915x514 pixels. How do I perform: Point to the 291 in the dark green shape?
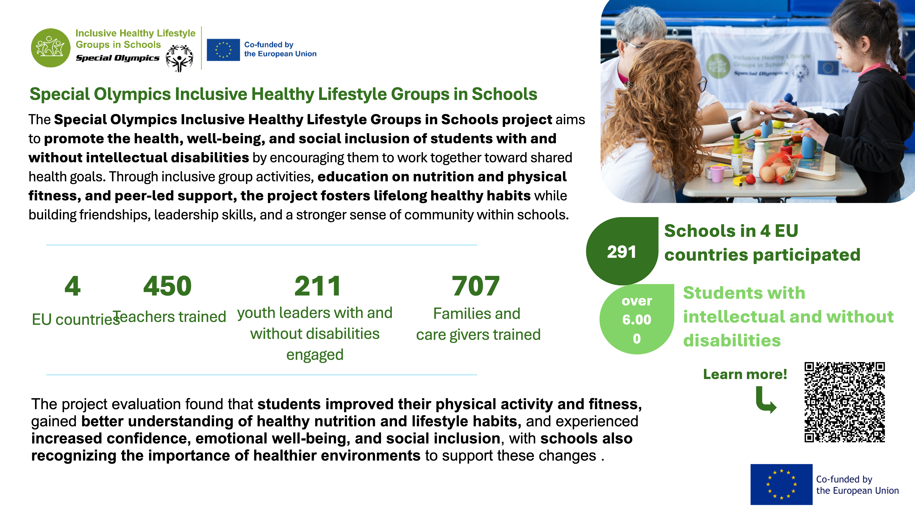pos(621,252)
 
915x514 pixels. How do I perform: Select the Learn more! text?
pos(745,374)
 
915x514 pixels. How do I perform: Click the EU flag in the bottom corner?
pos(781,484)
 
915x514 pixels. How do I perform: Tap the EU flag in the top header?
pos(223,50)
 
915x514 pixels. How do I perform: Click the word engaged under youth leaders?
pos(315,355)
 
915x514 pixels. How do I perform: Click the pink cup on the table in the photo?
pos(716,174)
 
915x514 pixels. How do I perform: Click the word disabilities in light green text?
pos(732,341)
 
